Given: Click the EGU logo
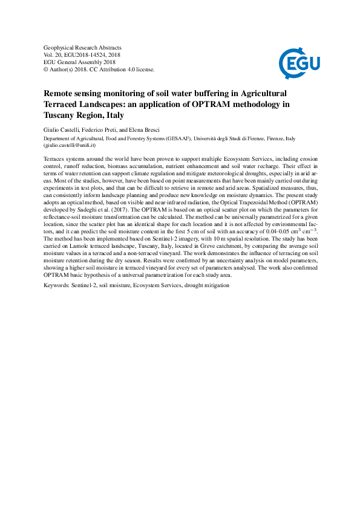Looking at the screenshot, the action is pyautogui.click(x=299, y=60).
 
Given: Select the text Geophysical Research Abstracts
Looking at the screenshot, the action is pyautogui.click(x=83, y=47).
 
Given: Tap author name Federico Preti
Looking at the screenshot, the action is pyautogui.click(x=102, y=130).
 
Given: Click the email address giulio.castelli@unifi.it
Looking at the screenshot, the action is pyautogui.click(x=71, y=146).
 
